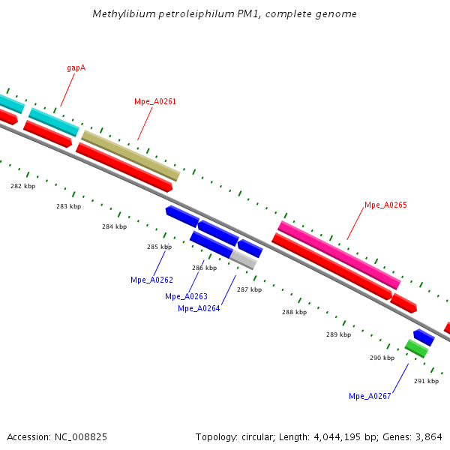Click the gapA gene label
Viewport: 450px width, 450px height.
76,67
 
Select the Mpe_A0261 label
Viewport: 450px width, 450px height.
155,101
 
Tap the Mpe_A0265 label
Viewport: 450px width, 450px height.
385,205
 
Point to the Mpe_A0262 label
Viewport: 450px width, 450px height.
151,280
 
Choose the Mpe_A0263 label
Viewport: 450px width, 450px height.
186,296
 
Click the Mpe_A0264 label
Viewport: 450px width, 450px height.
199,308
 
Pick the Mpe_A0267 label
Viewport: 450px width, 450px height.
370,396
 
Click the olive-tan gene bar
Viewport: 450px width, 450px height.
130,155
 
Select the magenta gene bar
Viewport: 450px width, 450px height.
339,255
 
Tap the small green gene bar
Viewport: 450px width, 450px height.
416,348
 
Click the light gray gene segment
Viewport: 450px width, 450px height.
243,259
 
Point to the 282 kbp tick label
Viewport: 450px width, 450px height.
22,186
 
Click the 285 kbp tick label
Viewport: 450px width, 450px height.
159,247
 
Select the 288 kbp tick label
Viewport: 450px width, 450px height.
294,312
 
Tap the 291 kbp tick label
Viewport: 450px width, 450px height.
426,381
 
